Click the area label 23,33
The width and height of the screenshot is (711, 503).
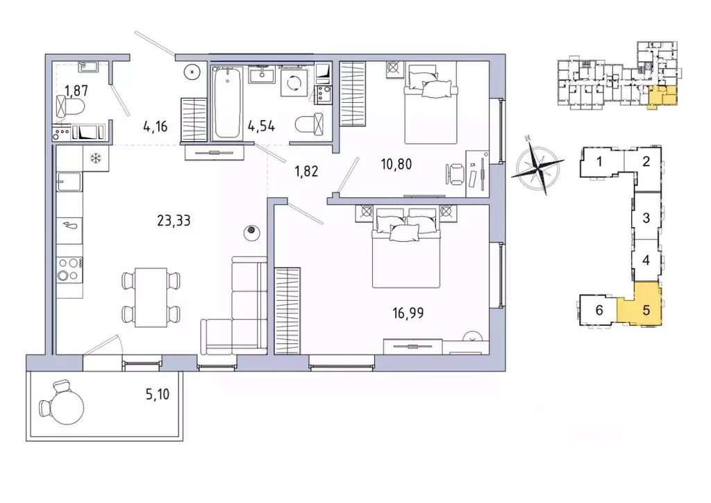click(x=174, y=221)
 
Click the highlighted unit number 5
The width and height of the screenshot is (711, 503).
click(x=645, y=310)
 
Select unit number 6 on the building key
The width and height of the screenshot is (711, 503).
click(x=599, y=310)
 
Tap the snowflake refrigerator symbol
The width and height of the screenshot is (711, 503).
click(x=96, y=158)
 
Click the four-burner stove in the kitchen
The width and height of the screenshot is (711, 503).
click(x=69, y=268)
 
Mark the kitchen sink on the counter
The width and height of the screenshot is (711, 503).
click(x=69, y=183)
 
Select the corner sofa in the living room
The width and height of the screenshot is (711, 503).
click(x=236, y=313)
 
